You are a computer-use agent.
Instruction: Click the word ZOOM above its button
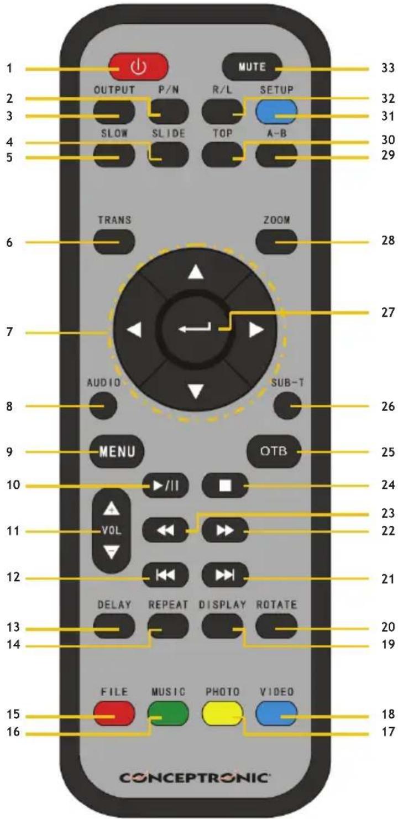point(276,220)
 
